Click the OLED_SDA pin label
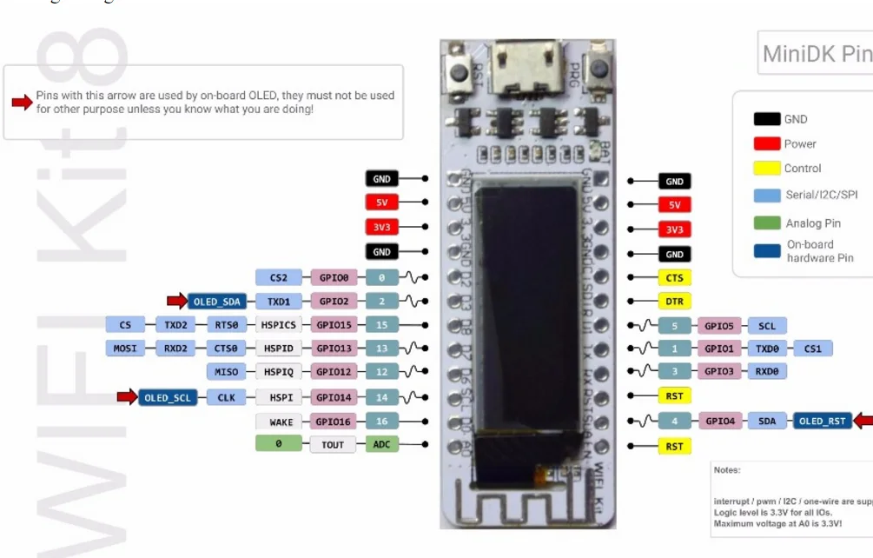(216, 302)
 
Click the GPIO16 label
(334, 422)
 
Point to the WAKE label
(281, 422)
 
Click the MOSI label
(125, 349)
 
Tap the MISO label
(226, 372)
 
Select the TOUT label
(333, 445)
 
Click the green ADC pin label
(381, 445)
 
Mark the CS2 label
(278, 278)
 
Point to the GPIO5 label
(719, 326)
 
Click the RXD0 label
(766, 372)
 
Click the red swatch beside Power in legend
(766, 143)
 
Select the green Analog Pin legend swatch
(766, 223)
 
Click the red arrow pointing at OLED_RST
(863, 422)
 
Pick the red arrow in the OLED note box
(21, 102)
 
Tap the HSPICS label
(278, 325)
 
